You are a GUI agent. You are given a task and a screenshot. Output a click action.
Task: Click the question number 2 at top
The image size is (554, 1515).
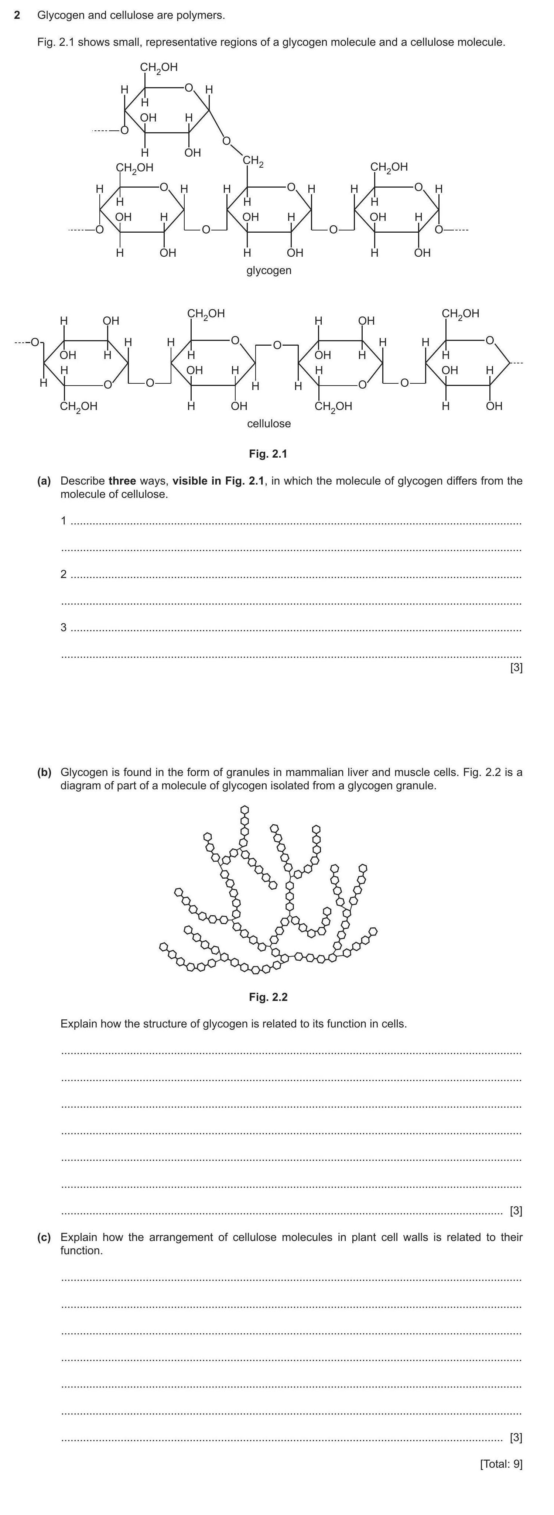(x=17, y=15)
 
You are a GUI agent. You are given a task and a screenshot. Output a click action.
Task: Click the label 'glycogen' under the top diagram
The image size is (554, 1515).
(x=269, y=270)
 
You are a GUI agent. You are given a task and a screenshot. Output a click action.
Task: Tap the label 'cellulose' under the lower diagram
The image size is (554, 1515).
(x=269, y=424)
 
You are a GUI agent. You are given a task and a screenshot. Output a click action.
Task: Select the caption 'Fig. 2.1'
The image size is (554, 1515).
(x=268, y=454)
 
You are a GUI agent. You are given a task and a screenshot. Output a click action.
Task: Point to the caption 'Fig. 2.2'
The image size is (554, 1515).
(x=268, y=997)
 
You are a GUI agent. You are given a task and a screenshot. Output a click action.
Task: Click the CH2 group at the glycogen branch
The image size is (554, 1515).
(x=253, y=161)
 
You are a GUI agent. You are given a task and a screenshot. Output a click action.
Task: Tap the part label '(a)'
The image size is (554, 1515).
(x=44, y=481)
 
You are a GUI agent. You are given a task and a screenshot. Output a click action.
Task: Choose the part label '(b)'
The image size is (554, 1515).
(x=44, y=772)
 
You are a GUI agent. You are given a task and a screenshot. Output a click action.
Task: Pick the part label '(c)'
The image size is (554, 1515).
(x=44, y=1237)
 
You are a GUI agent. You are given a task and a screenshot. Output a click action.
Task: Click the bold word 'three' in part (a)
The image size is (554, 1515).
(x=122, y=481)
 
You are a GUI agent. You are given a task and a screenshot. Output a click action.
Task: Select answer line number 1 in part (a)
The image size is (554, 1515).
(x=64, y=520)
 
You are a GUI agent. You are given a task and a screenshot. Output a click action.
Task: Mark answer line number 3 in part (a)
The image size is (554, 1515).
(x=64, y=627)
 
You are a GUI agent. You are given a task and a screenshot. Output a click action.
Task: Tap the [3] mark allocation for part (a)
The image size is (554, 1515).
(x=516, y=667)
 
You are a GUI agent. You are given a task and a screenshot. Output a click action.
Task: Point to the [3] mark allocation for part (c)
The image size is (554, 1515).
(x=516, y=1437)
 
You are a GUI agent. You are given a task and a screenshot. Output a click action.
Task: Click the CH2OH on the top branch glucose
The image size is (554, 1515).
(x=159, y=68)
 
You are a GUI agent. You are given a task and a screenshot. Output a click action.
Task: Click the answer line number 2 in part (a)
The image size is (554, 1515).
(x=64, y=574)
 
